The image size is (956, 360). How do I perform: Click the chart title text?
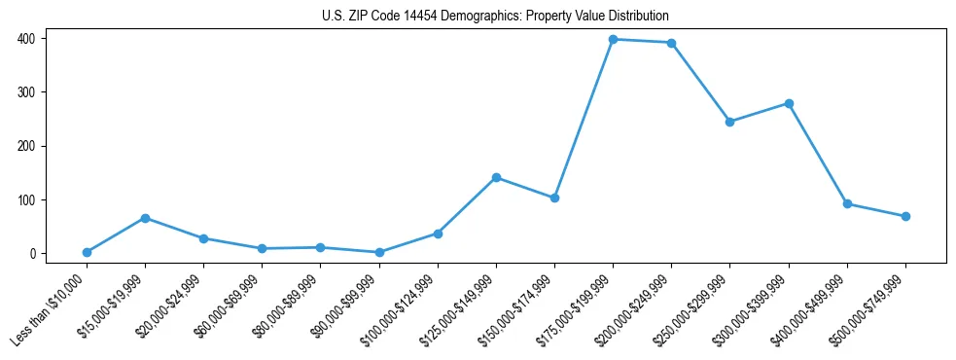coord(495,17)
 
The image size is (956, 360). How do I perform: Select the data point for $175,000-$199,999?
coord(613,39)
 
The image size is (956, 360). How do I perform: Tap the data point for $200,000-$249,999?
coord(671,43)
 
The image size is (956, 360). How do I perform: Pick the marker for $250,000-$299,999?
coord(729,122)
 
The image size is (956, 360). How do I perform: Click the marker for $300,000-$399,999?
coord(789,103)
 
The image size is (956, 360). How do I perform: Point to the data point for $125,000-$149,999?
coord(496,177)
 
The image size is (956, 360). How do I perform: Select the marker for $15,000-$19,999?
coord(145,218)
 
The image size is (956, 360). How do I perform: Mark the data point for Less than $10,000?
coord(87,252)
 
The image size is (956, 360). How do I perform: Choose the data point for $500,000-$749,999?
coord(905,216)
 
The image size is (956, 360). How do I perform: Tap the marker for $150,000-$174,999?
coord(554,198)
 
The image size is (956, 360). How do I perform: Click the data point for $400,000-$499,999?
coord(847,203)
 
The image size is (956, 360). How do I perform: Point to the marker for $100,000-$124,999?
coord(438,234)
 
